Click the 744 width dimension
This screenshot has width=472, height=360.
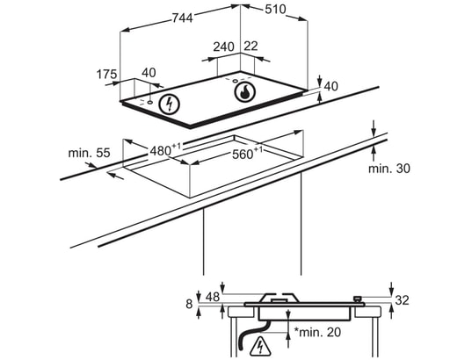coord(183,18)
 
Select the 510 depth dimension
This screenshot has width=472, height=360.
coord(275,9)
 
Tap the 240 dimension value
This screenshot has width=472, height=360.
coord(223,47)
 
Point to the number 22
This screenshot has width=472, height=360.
coord(251,46)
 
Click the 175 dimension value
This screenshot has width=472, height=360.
coord(106,74)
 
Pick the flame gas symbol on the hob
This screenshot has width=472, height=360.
coord(244,90)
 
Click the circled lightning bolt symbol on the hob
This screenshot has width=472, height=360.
coord(169,104)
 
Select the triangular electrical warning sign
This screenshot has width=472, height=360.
coord(260,346)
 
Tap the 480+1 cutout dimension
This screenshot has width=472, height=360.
coord(165,149)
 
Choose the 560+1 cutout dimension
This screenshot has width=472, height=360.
coord(247,154)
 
